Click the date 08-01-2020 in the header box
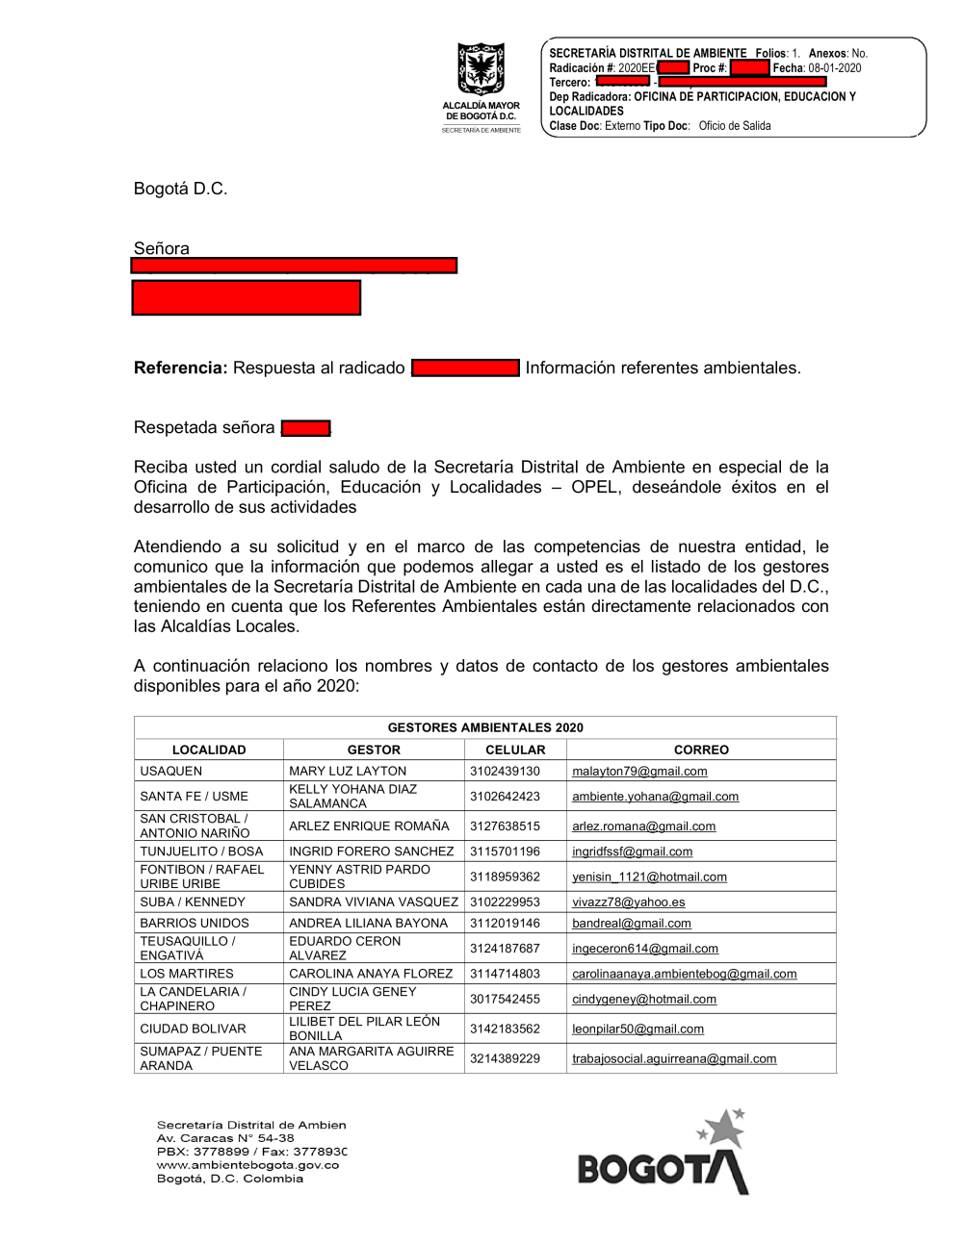pos(835,68)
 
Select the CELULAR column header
pos(515,750)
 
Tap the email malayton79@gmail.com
pos(639,772)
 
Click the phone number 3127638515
pos(505,826)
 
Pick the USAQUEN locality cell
pos(171,772)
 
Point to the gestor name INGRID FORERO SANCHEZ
pos(371,851)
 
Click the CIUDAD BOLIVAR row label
pos(193,1029)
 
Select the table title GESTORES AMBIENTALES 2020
pos(485,727)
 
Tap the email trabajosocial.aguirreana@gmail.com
pos(674,1058)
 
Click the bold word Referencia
pos(180,368)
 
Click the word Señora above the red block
pos(162,248)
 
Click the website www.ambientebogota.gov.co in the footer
pos(247,1165)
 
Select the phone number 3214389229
pos(505,1058)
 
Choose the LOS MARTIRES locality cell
pos(187,974)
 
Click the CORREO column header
pos(701,750)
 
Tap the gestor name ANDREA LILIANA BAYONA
pos(368,924)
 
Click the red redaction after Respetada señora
pos(306,428)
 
